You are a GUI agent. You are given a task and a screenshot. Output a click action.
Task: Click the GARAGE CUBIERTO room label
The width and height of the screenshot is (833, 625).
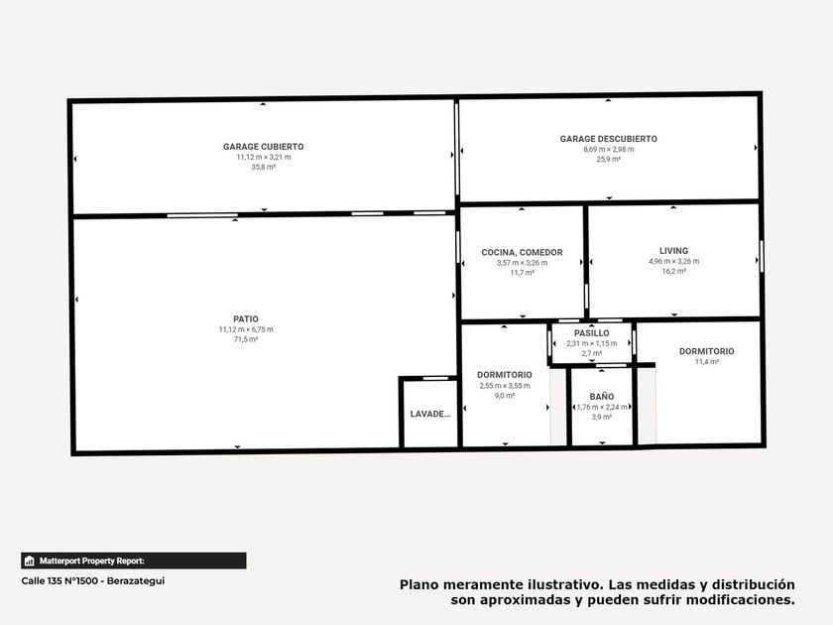click(x=264, y=147)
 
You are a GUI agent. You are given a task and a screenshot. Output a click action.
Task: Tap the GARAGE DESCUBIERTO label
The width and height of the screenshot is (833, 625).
click(x=608, y=139)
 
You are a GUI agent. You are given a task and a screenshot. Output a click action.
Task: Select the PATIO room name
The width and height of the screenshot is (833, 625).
click(x=246, y=318)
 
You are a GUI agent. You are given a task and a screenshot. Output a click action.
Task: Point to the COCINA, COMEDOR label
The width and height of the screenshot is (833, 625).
click(x=522, y=252)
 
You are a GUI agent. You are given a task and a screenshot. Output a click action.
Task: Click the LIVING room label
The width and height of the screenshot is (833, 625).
click(x=673, y=251)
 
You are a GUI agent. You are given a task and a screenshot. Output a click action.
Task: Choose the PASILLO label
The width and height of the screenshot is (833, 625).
click(x=592, y=333)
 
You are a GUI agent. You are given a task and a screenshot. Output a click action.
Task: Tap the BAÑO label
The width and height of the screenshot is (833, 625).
click(x=602, y=397)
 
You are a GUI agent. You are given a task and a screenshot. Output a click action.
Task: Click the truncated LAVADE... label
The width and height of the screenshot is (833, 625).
click(x=430, y=414)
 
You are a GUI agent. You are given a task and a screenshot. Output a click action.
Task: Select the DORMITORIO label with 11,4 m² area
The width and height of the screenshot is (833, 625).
click(x=706, y=351)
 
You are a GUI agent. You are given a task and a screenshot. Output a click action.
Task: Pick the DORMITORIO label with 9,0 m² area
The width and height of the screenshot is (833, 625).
click(x=504, y=375)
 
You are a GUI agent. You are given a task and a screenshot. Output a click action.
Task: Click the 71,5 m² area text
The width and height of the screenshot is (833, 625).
click(x=246, y=339)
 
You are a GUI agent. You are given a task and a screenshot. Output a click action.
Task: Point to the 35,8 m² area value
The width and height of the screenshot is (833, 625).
click(x=264, y=167)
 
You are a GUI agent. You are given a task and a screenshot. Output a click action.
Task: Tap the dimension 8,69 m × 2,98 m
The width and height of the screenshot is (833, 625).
click(x=608, y=150)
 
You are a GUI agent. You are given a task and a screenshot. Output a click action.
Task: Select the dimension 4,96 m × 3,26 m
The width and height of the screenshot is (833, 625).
click(x=673, y=262)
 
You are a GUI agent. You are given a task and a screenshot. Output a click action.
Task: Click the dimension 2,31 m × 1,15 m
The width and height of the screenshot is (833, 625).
click(x=592, y=343)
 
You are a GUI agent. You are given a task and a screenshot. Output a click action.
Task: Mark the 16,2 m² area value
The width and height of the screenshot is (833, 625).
click(x=673, y=271)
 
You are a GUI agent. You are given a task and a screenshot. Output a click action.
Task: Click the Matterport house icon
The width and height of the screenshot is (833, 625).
click(x=29, y=561)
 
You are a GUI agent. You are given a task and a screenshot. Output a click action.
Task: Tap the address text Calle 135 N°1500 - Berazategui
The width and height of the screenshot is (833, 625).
click(x=93, y=581)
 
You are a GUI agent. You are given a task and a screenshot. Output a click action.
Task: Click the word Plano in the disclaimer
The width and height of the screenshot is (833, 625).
click(x=419, y=584)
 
